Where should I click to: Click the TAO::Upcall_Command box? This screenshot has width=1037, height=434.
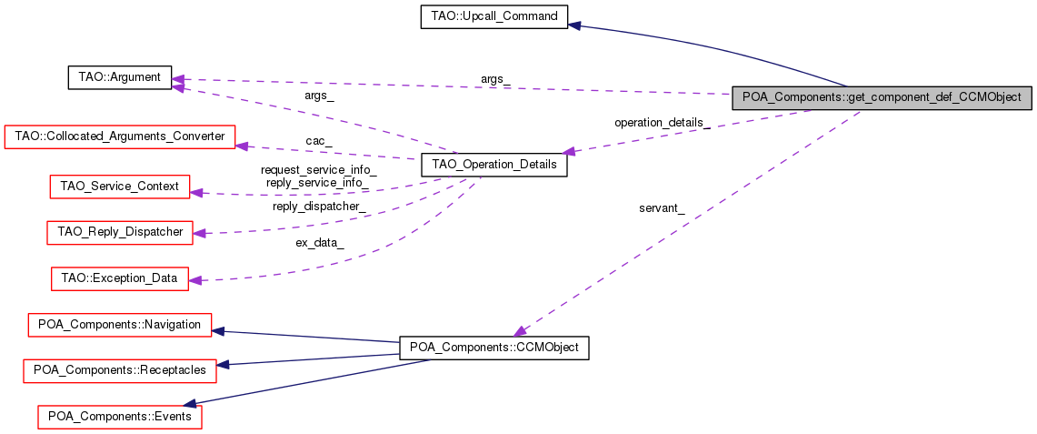[494, 16]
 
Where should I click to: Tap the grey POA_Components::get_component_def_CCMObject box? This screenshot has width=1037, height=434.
[882, 97]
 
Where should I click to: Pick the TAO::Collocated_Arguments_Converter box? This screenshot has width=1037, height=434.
[120, 136]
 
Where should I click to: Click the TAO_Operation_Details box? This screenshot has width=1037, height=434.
[494, 167]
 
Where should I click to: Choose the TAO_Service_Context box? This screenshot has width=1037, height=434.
[119, 187]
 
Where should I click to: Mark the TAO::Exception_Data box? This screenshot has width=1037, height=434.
[119, 278]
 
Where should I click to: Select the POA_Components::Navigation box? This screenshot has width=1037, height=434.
[119, 324]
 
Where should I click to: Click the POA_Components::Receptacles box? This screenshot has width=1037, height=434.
[119, 369]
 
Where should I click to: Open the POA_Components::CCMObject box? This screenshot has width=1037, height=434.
[494, 348]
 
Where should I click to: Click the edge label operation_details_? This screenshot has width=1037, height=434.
[662, 122]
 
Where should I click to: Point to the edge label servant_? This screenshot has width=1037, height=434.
[662, 208]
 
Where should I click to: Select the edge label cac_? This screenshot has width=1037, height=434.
[318, 141]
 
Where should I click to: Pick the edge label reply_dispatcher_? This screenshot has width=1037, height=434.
[319, 207]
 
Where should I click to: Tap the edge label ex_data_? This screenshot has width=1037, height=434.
[319, 243]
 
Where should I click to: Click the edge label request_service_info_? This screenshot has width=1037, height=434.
[318, 169]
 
